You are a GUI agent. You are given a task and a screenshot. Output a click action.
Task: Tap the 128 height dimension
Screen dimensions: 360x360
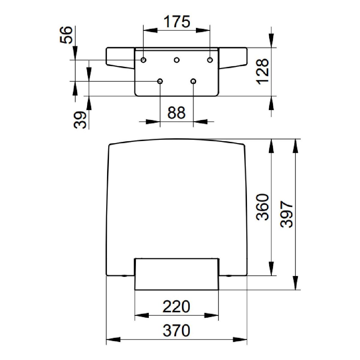point(262,72)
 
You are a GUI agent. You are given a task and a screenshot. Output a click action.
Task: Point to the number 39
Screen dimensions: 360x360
point(80,120)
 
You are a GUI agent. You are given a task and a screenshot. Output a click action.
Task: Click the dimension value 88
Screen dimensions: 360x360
point(176,113)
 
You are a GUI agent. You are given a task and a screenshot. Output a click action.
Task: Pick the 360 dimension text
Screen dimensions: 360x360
point(262,207)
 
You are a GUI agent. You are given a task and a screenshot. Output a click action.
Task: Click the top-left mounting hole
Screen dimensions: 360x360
point(143,60)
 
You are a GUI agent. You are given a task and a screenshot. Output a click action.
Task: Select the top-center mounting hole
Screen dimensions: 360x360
point(177,60)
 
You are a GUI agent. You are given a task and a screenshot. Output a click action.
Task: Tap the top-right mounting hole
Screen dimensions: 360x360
point(210,60)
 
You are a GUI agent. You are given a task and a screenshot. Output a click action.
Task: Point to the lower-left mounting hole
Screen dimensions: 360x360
point(160,81)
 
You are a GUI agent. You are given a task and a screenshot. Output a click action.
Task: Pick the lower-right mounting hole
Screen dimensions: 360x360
point(193,81)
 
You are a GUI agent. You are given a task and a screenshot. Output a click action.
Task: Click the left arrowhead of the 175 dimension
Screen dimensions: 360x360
point(150,31)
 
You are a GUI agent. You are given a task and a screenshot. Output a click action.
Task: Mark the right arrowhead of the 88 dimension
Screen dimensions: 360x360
point(200,121)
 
